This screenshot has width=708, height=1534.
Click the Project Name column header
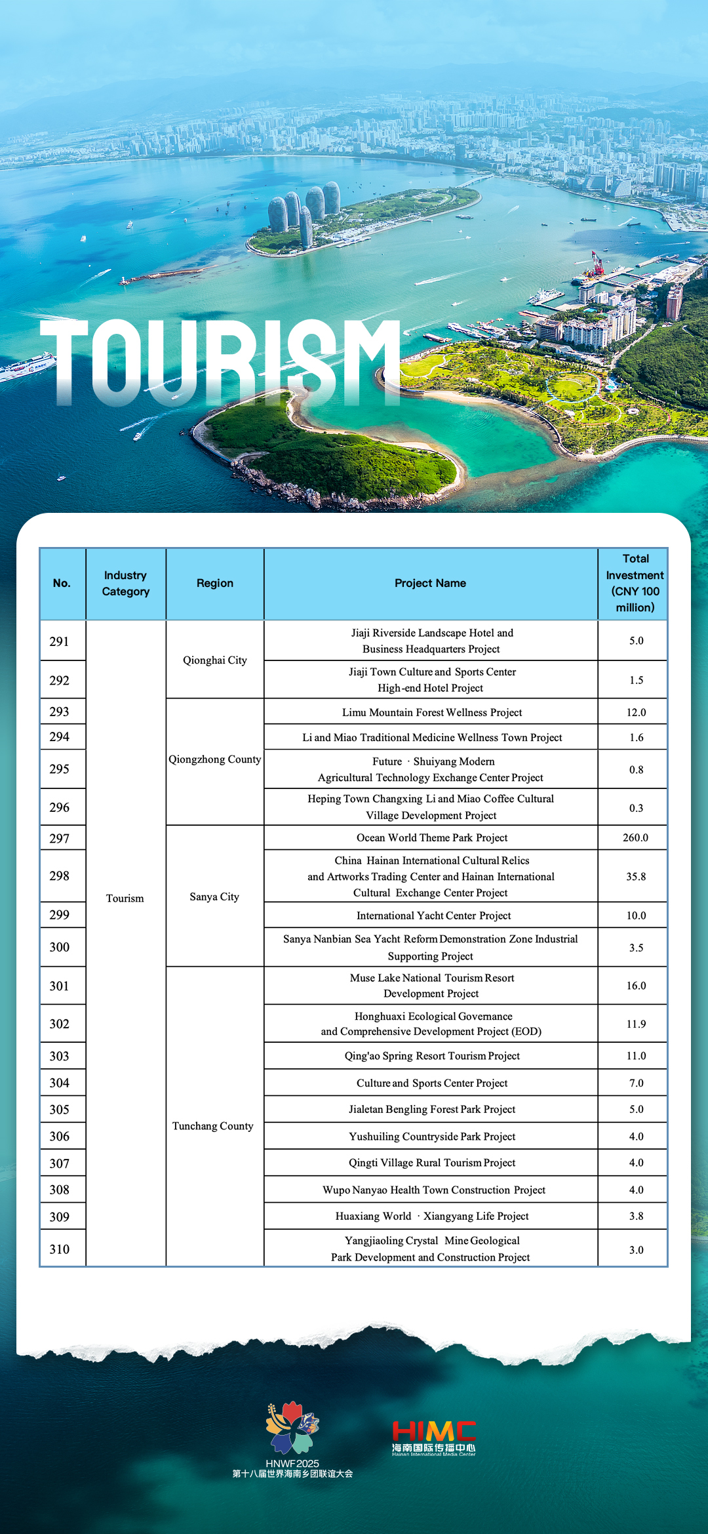pos(430,583)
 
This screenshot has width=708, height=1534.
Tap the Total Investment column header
pos(635,583)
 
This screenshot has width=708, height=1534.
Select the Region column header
pos(215,583)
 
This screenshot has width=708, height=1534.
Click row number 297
pos(60,838)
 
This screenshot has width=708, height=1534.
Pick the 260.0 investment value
pos(635,838)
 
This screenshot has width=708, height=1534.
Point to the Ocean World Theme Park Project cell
pos(431,838)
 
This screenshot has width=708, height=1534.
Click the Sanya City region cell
pos(214,897)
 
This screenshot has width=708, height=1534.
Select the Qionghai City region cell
pos(215,660)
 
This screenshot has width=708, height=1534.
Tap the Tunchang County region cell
pos(212,1125)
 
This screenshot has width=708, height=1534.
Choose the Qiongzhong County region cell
pos(215,759)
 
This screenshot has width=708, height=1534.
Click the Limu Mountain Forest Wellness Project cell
pos(431,712)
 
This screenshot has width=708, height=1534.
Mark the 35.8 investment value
pos(635,876)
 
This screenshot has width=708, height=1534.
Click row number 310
pos(60,1249)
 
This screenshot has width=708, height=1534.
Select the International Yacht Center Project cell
pos(433,916)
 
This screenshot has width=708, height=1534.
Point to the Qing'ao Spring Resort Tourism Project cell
pos(432,1056)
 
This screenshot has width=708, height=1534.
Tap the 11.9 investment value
pos(635,1024)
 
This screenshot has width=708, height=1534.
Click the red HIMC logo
pos(433,1437)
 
